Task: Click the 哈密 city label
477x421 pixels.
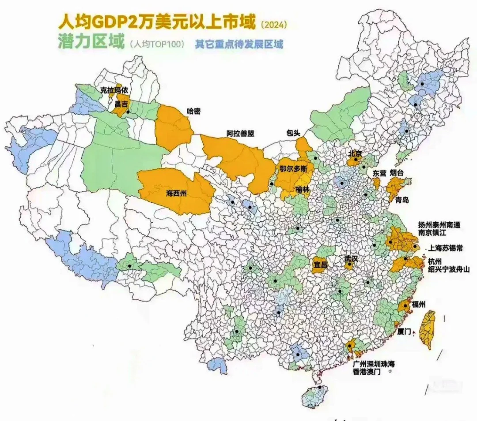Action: [x=193, y=111]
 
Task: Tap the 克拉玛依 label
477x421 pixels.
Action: [x=114, y=90]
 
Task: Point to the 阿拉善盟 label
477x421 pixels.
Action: [x=241, y=134]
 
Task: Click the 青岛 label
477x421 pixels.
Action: [x=401, y=200]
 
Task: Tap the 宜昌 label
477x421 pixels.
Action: [x=320, y=265]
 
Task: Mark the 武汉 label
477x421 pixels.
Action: [x=352, y=260]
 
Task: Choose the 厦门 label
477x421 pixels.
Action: [x=404, y=331]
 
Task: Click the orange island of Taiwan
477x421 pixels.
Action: [x=427, y=328]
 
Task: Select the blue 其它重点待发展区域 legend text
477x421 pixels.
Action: [x=239, y=44]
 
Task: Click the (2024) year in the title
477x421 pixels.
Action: [x=274, y=25]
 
